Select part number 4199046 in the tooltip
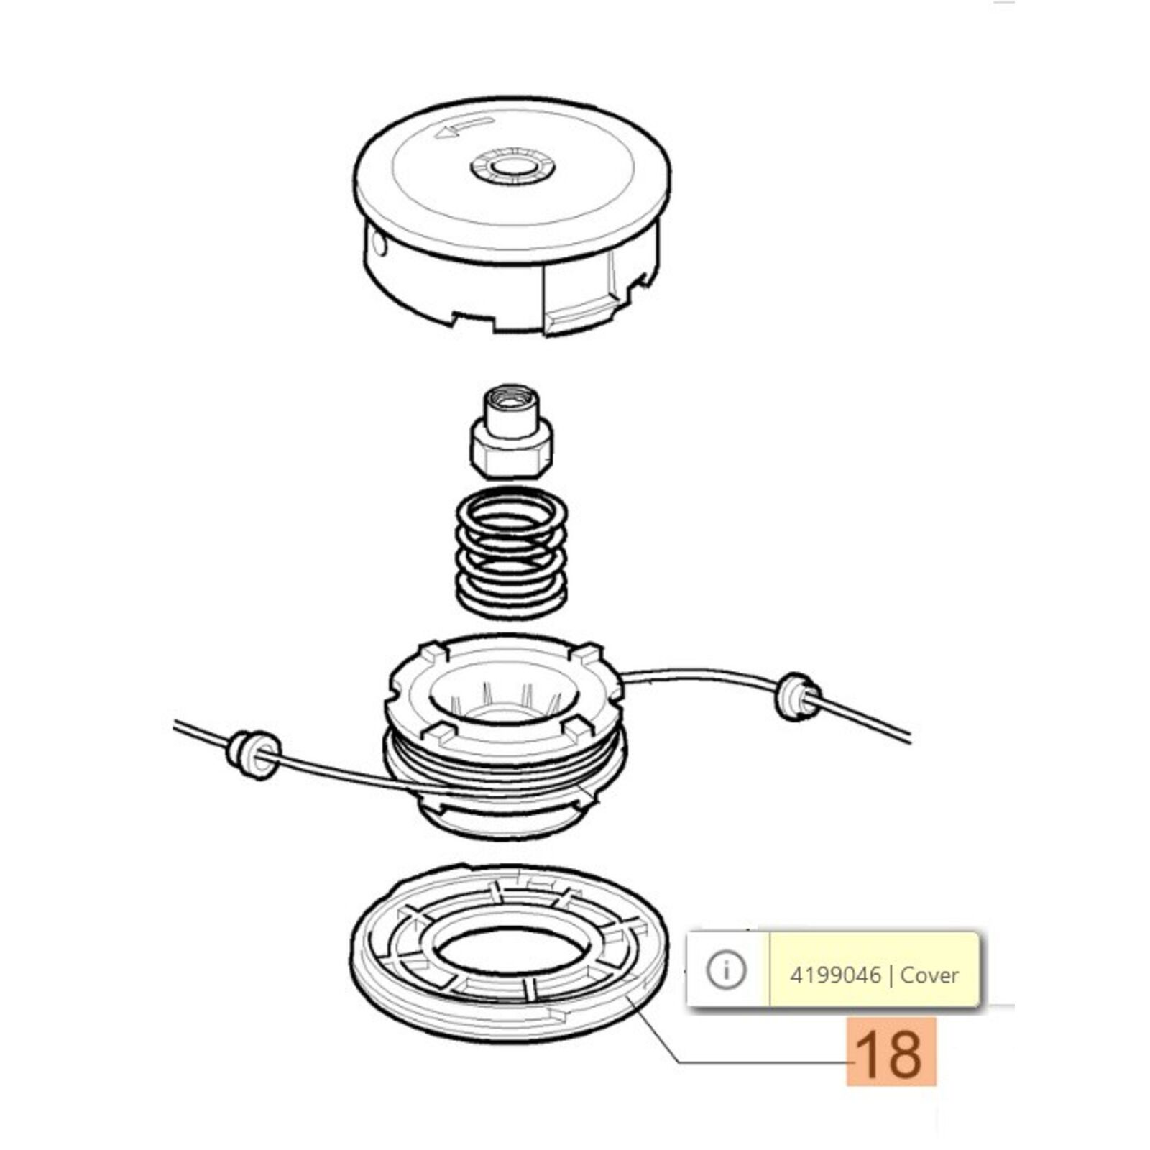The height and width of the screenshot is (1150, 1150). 834,975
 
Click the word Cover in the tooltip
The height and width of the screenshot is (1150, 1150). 929,975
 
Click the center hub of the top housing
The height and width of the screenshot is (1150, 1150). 512,170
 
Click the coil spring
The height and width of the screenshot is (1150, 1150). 512,553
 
